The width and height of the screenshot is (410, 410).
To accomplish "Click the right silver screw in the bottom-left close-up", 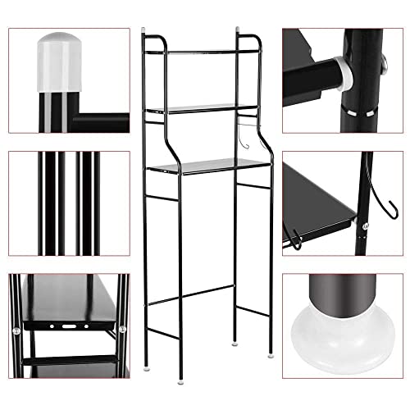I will point(121,330).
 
